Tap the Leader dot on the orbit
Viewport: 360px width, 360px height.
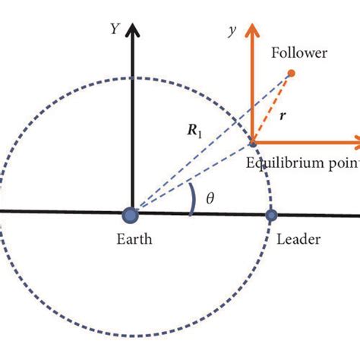coord(271,216)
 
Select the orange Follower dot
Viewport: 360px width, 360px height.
coord(290,74)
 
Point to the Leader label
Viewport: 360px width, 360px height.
coord(298,240)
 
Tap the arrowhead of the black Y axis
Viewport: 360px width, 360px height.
coord(134,30)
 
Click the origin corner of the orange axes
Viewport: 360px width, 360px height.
coord(252,141)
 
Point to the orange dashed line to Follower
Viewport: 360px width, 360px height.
coord(271,107)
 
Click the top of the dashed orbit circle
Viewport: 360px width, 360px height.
coord(134,77)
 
